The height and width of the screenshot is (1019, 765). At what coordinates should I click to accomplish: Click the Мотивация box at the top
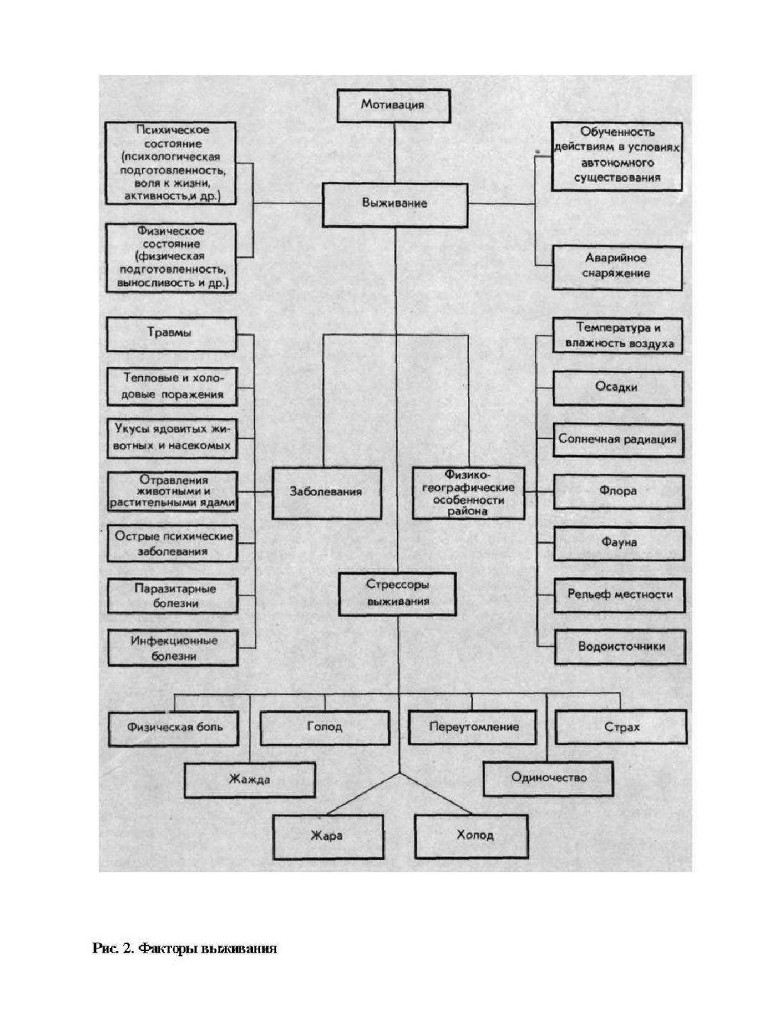click(392, 105)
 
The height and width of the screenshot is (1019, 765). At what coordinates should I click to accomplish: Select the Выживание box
click(394, 204)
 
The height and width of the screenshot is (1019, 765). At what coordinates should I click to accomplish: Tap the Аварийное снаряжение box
click(616, 267)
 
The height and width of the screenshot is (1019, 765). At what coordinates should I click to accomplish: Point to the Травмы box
click(171, 333)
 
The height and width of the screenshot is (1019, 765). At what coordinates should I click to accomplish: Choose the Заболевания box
click(325, 492)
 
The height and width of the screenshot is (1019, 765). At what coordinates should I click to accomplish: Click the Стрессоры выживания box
click(397, 593)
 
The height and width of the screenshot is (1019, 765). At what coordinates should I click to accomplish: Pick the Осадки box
click(617, 388)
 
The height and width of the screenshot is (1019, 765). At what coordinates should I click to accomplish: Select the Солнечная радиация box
click(617, 440)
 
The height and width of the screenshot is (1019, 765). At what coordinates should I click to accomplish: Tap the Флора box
click(618, 492)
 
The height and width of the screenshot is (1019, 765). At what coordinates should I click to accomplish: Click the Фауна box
click(618, 543)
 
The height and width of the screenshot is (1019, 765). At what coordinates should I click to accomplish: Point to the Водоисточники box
click(620, 647)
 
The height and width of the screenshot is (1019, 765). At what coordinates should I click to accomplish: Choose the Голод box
click(324, 727)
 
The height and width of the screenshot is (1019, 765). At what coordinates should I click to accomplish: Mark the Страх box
click(620, 727)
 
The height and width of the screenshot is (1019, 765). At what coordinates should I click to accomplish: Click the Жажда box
click(249, 780)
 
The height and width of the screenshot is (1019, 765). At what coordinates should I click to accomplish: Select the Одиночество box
click(549, 778)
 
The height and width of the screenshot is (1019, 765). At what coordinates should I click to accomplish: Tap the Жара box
click(327, 836)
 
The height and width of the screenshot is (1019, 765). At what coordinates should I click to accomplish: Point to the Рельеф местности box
click(620, 594)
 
